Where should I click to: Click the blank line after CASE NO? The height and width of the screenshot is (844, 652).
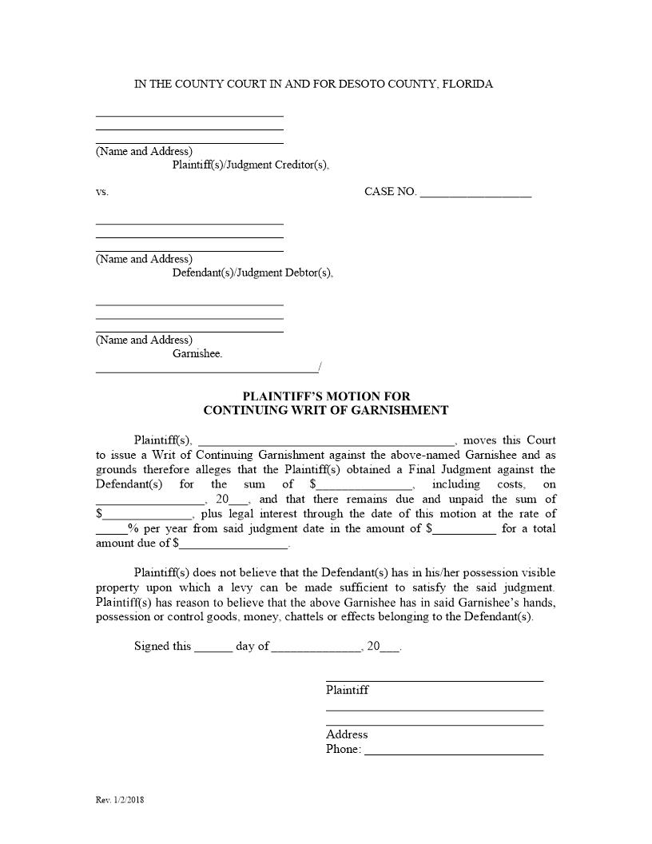(x=475, y=193)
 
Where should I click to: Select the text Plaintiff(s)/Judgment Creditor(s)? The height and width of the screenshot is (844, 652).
(x=250, y=165)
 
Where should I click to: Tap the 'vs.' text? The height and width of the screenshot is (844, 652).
(x=101, y=192)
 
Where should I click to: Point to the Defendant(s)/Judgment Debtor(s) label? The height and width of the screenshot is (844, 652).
(x=252, y=273)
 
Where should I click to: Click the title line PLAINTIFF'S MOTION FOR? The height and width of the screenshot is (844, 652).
(x=326, y=396)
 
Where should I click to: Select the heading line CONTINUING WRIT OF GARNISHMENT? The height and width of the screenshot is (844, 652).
(x=326, y=411)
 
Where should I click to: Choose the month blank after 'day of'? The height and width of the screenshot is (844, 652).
(x=316, y=648)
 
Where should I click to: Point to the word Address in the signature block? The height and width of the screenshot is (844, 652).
(x=347, y=735)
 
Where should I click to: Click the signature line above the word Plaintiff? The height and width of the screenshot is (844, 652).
(x=434, y=680)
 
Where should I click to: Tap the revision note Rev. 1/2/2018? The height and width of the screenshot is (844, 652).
(x=120, y=799)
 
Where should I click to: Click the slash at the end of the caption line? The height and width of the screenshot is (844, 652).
(x=320, y=368)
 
